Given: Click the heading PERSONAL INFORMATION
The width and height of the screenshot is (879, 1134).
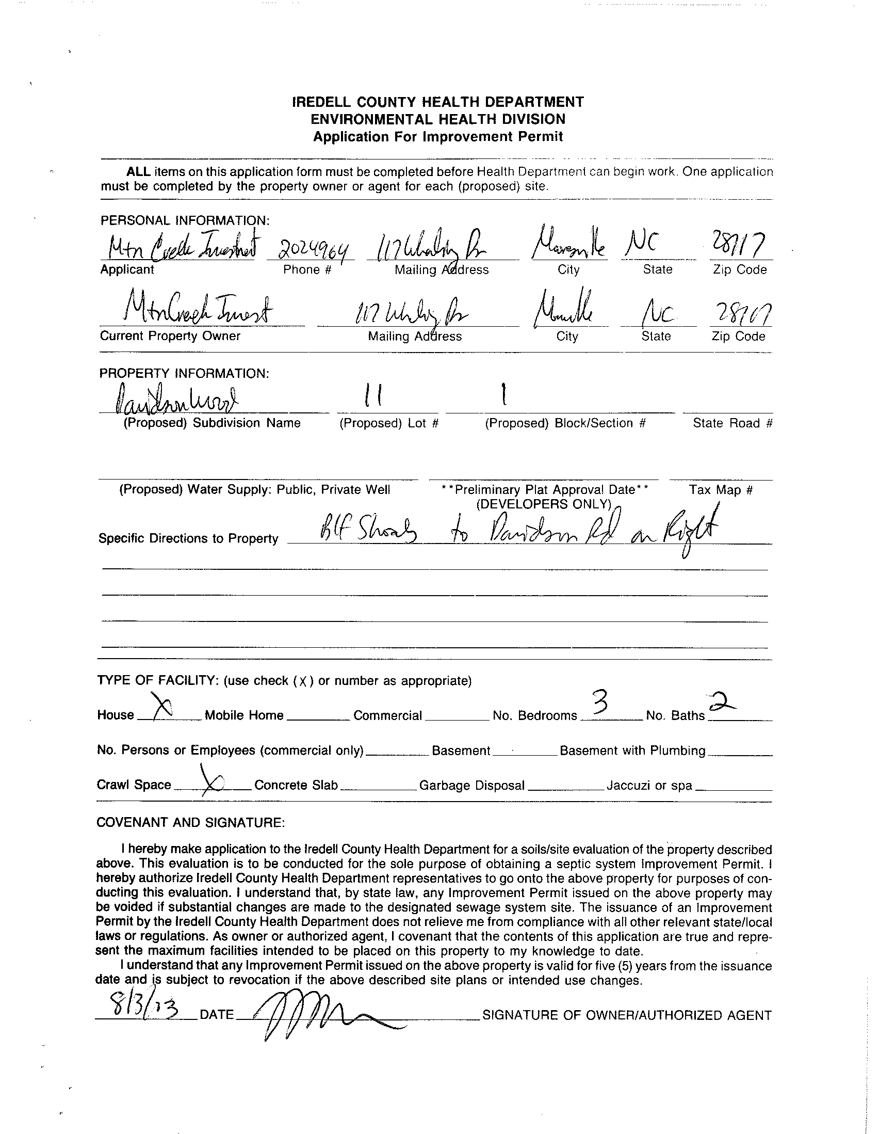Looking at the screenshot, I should (x=185, y=220).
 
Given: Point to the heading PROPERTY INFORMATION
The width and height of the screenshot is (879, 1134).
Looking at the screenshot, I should (x=184, y=373).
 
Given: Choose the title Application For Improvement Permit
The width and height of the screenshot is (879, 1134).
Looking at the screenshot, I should (x=438, y=137).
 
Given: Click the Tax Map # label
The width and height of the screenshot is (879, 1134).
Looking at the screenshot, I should (x=721, y=490).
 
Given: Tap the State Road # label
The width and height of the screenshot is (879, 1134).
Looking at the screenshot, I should (x=732, y=423).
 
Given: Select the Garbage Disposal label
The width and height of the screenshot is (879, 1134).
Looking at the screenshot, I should (x=471, y=785).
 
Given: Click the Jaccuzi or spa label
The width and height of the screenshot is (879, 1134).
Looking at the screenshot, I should (x=649, y=785).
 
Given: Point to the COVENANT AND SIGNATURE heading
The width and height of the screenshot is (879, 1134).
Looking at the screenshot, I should (x=190, y=822).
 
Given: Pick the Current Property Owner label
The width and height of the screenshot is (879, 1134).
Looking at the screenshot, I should (x=170, y=336).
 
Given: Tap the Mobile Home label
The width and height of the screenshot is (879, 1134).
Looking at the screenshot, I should (x=244, y=715).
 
